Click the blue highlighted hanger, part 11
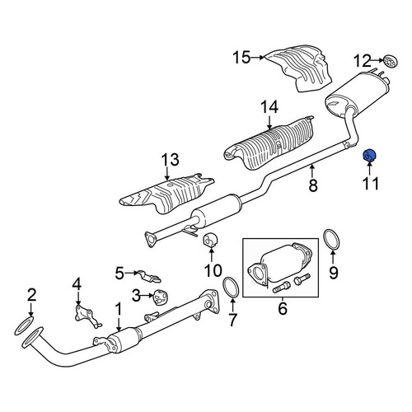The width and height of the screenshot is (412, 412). pyautogui.click(x=369, y=155)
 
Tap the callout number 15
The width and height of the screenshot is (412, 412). pyautogui.click(x=241, y=58)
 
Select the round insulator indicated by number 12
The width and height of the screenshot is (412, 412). pyautogui.click(x=391, y=61)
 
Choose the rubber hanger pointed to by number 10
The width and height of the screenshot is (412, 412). pyautogui.click(x=210, y=241)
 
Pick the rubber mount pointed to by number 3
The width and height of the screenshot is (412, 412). pyautogui.click(x=160, y=297)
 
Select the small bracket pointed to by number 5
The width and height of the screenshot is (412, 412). pyautogui.click(x=148, y=276)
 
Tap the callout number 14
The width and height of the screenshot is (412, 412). pyautogui.click(x=269, y=107)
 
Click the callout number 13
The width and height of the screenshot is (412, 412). pyautogui.click(x=170, y=160)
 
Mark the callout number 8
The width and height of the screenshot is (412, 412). pyautogui.click(x=313, y=185)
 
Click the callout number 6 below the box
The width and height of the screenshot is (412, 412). pyautogui.click(x=283, y=308)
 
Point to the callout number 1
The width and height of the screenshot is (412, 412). pyautogui.click(x=119, y=309)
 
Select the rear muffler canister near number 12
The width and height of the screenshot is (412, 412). pyautogui.click(x=357, y=94)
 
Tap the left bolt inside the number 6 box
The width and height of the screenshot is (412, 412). pyautogui.click(x=281, y=288)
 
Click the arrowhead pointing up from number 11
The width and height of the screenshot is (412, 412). pyautogui.click(x=369, y=164)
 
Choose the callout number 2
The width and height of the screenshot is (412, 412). pyautogui.click(x=31, y=296)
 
